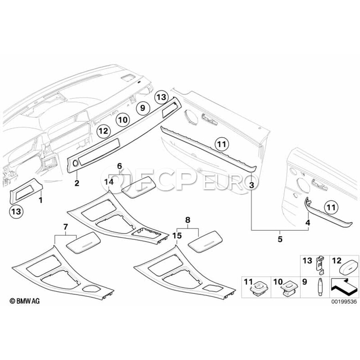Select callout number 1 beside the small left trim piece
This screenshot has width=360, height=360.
[41, 200]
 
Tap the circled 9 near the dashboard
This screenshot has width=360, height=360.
[142, 108]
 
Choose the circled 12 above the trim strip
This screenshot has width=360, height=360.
[104, 131]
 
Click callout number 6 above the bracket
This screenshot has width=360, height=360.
[119, 166]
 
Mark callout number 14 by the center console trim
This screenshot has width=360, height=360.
[109, 182]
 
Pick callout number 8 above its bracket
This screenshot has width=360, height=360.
[188, 220]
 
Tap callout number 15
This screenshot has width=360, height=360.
[177, 236]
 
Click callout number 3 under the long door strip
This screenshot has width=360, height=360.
[252, 185]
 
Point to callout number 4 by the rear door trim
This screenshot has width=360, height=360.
[308, 222]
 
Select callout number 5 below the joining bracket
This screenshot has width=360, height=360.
[280, 239]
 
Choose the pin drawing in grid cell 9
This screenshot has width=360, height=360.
[320, 288]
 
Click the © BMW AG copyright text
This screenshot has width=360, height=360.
[24, 301]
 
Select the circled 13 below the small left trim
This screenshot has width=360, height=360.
[16, 211]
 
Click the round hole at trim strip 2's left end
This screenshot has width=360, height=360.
[75, 163]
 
